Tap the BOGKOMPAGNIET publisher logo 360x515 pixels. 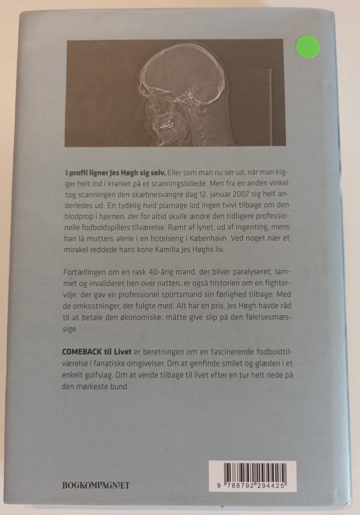(x=96, y=485)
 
